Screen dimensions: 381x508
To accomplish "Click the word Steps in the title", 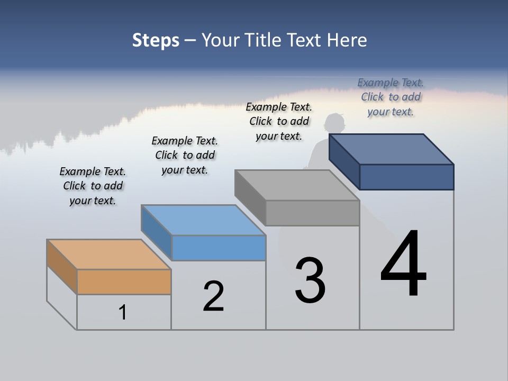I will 156,40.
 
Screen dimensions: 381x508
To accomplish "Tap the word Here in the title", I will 345,40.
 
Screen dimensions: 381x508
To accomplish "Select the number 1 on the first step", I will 123,312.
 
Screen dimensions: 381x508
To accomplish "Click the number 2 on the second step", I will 213,296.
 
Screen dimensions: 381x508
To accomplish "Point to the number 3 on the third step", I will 310,280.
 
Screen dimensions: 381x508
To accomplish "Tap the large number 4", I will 403,265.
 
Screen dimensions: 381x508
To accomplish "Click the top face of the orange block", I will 109,255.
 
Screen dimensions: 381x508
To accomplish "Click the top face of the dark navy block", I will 392,149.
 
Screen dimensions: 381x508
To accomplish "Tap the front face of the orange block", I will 124,282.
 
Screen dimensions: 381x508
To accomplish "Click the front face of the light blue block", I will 219,248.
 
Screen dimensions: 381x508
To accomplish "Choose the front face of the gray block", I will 312,213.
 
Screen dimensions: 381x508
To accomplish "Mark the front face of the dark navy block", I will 406,177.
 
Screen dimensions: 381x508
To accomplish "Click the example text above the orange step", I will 93,186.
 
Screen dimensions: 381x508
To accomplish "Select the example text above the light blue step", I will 185,155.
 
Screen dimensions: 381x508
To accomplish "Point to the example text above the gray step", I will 279,121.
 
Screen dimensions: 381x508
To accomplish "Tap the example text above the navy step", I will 391,97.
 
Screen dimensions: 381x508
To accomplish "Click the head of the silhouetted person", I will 334,124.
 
